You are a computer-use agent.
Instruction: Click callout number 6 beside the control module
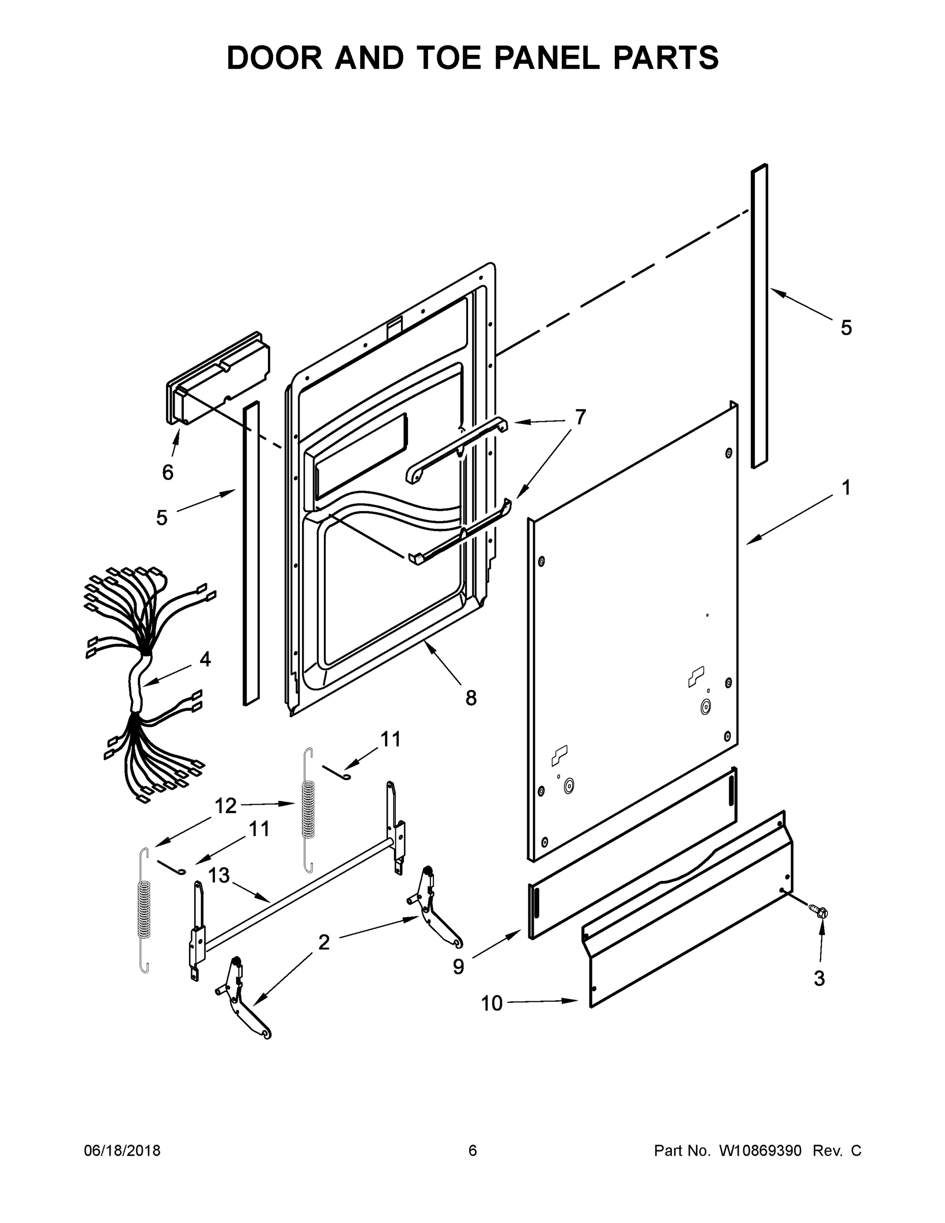coord(168,472)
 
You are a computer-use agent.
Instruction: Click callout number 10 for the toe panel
coord(492,1003)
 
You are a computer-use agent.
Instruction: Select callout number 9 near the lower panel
coord(458,967)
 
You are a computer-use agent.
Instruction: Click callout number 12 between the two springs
coord(226,806)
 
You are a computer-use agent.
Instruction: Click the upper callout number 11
coord(390,739)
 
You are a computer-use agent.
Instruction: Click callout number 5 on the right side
coord(846,328)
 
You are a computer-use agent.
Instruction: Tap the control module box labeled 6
coord(219,375)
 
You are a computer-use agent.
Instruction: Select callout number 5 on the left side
coord(162,517)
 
